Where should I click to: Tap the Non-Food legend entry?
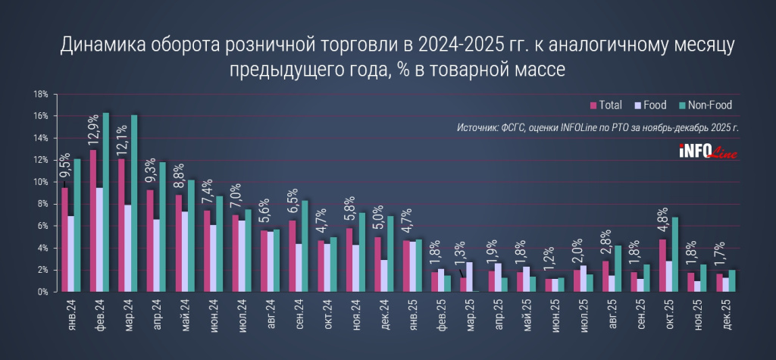pos(704,105)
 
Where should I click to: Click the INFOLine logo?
pos(709,152)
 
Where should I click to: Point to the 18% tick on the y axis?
pos(41,94)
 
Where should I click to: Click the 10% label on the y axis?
pos(41,182)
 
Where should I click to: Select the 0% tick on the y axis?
pos(42,292)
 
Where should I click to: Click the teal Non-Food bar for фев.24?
pos(106,202)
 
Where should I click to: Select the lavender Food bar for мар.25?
pos(471,277)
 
